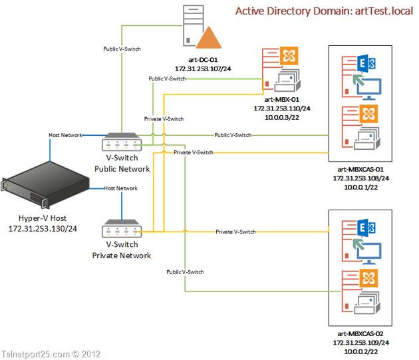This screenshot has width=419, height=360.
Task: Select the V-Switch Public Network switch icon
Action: click(120, 143)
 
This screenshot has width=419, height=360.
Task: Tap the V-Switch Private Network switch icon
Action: click(120, 230)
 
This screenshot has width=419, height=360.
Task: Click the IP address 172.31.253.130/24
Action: click(42, 229)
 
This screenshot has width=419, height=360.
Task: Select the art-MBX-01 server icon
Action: click(279, 69)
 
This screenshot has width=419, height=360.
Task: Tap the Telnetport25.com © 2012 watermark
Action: click(51, 354)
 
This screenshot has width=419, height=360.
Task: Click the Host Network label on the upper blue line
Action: click(65, 135)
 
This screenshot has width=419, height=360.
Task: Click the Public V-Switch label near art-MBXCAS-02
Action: click(186, 271)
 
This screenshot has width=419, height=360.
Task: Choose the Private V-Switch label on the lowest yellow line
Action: click(235, 232)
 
